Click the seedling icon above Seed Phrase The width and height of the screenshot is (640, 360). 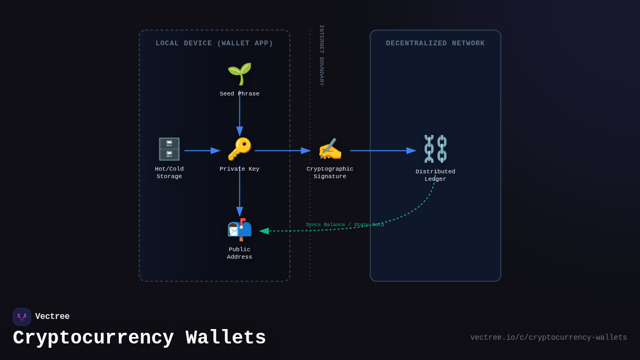point(239,74)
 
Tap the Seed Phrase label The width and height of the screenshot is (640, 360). point(239,94)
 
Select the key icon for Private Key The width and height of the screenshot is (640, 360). point(239,149)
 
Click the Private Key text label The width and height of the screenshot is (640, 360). point(239,169)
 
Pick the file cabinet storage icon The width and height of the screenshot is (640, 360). point(169,149)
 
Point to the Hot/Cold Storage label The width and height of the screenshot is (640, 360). point(169,173)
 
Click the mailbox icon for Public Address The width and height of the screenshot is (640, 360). point(239,230)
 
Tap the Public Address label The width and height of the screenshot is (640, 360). point(239,253)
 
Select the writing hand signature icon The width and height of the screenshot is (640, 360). point(330,149)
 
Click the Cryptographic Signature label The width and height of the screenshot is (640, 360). point(330,173)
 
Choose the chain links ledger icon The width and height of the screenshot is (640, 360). point(435,149)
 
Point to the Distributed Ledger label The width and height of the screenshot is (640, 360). point(435,175)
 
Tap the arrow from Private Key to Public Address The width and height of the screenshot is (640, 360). point(239,192)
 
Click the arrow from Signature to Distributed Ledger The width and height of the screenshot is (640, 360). point(382,151)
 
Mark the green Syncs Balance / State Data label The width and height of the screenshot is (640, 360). point(345,225)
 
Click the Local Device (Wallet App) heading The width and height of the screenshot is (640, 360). point(214,44)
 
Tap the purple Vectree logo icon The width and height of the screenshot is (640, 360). point(22,317)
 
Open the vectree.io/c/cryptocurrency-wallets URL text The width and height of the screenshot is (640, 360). point(548,338)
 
